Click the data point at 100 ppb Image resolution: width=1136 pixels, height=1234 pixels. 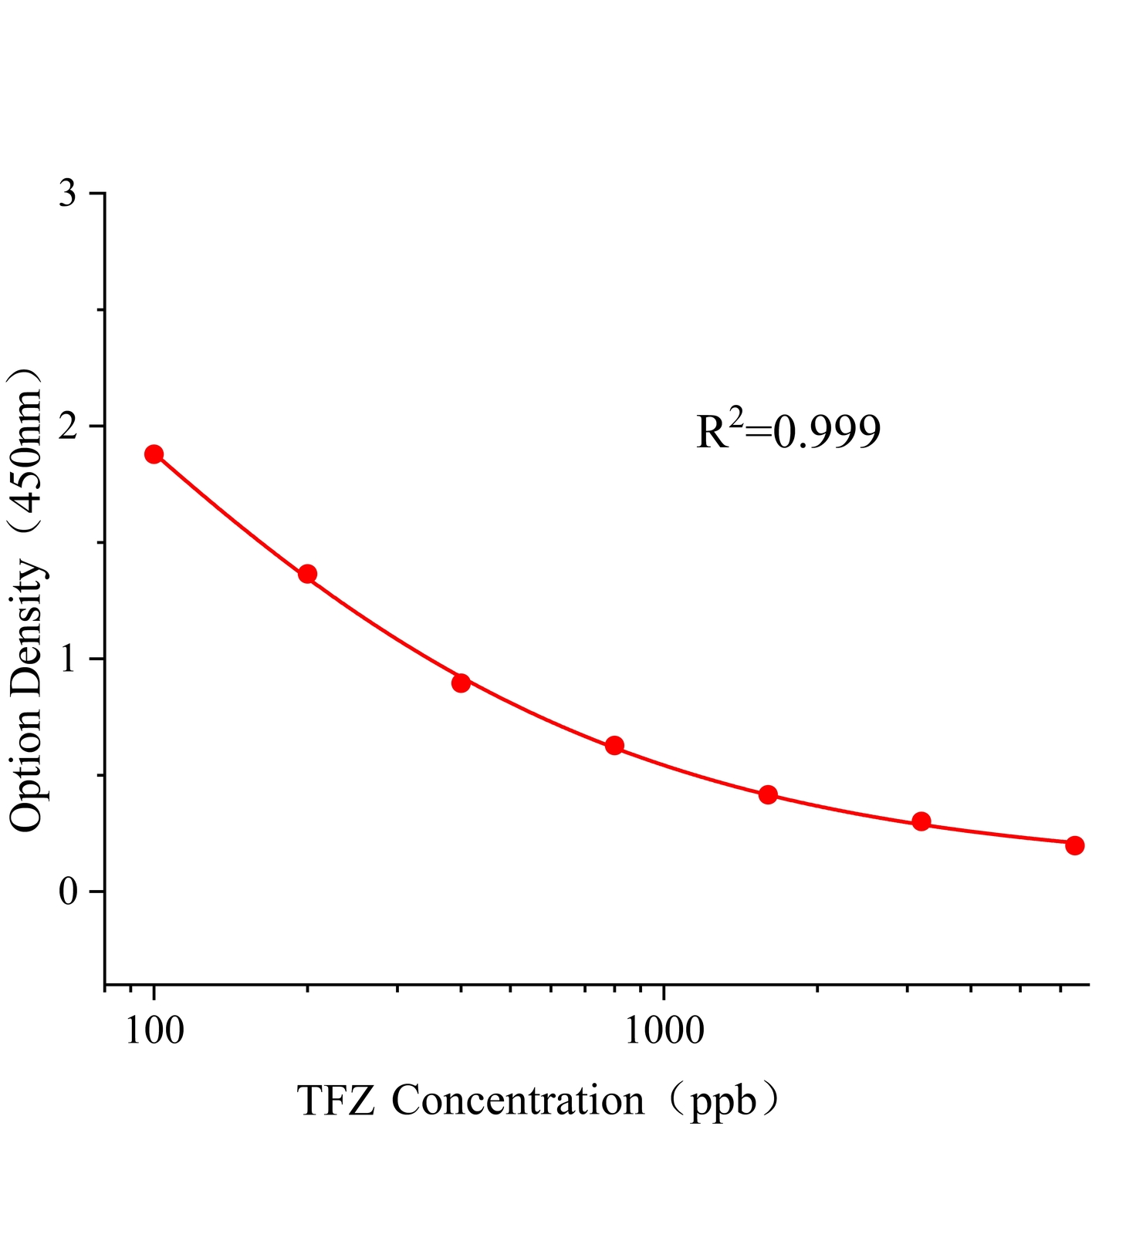pos(154,453)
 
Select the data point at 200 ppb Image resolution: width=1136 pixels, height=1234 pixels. pos(307,574)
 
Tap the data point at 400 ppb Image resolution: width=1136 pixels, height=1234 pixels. pos(461,683)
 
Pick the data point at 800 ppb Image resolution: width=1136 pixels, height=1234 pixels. pos(614,745)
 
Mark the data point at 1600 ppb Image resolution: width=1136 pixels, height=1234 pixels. pos(768,794)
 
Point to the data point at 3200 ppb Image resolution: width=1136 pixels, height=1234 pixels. pos(921,821)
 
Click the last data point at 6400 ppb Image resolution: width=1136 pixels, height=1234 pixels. pos(1074,845)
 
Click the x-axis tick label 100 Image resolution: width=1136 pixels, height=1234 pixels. pos(154,1030)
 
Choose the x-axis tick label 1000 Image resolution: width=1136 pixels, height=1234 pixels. pos(664,1030)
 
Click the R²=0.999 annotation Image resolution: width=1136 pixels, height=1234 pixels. pos(788,431)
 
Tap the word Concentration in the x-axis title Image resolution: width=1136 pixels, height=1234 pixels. pos(517,1101)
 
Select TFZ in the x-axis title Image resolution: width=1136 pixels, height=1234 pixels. pos(336,1101)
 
